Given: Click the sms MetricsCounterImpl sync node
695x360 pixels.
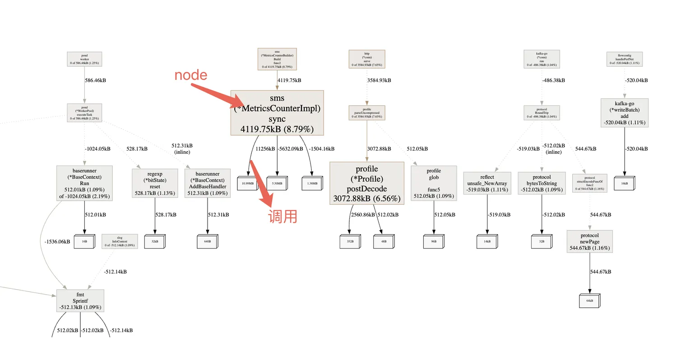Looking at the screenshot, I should coord(277,113).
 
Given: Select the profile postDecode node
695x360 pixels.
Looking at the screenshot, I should coord(366,183).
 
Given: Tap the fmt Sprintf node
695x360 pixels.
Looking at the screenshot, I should coord(80,301).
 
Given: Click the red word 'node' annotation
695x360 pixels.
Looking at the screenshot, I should coord(191,75).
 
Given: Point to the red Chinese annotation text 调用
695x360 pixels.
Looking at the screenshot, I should coord(283,216).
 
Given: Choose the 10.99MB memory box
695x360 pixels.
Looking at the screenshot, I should coord(247,183).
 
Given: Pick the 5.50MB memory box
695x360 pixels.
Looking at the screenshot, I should coord(277,183).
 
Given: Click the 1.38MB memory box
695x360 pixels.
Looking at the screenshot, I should coord(312,183).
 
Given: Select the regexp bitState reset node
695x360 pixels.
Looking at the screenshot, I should coord(155,183).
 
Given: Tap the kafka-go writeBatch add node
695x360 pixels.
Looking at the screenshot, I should coord(625,113).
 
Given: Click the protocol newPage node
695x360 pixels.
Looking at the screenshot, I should coord(589,242).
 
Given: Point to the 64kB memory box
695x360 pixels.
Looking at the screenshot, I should coord(589,300).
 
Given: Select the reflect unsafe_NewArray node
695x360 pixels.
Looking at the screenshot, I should coord(487,183).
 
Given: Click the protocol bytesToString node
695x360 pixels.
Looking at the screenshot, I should coord(542,183).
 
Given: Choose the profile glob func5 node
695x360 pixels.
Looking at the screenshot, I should coord(434,183).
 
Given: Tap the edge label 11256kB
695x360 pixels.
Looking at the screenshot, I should coord(265,148).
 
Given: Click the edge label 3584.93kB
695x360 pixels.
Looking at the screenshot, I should coord(379,80).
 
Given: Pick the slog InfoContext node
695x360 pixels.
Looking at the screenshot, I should coord(120,241).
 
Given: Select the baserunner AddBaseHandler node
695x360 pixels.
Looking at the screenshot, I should coord(208,183).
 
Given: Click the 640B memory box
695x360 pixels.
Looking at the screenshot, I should coord(207,241).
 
